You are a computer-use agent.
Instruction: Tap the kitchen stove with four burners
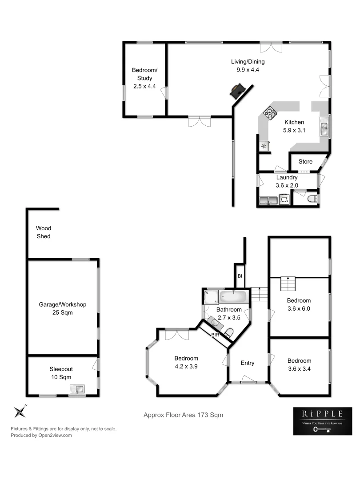[x=269, y=113]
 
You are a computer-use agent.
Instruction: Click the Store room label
[x=305, y=162]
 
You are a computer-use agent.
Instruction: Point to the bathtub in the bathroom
[x=233, y=296]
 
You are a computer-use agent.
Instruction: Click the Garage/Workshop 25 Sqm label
[x=62, y=308]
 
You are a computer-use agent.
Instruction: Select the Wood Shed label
[x=44, y=232]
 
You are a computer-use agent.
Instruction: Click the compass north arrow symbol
[x=20, y=412]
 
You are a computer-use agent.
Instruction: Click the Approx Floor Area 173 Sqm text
[x=183, y=415]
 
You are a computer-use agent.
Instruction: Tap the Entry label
[x=247, y=363]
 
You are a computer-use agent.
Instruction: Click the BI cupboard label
[x=239, y=276]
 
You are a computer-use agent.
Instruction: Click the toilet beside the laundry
[x=312, y=198]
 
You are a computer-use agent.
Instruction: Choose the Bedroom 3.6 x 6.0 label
[x=299, y=304]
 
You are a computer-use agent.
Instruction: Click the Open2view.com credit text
[x=41, y=436]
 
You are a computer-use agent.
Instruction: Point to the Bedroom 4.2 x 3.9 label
[x=186, y=362]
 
